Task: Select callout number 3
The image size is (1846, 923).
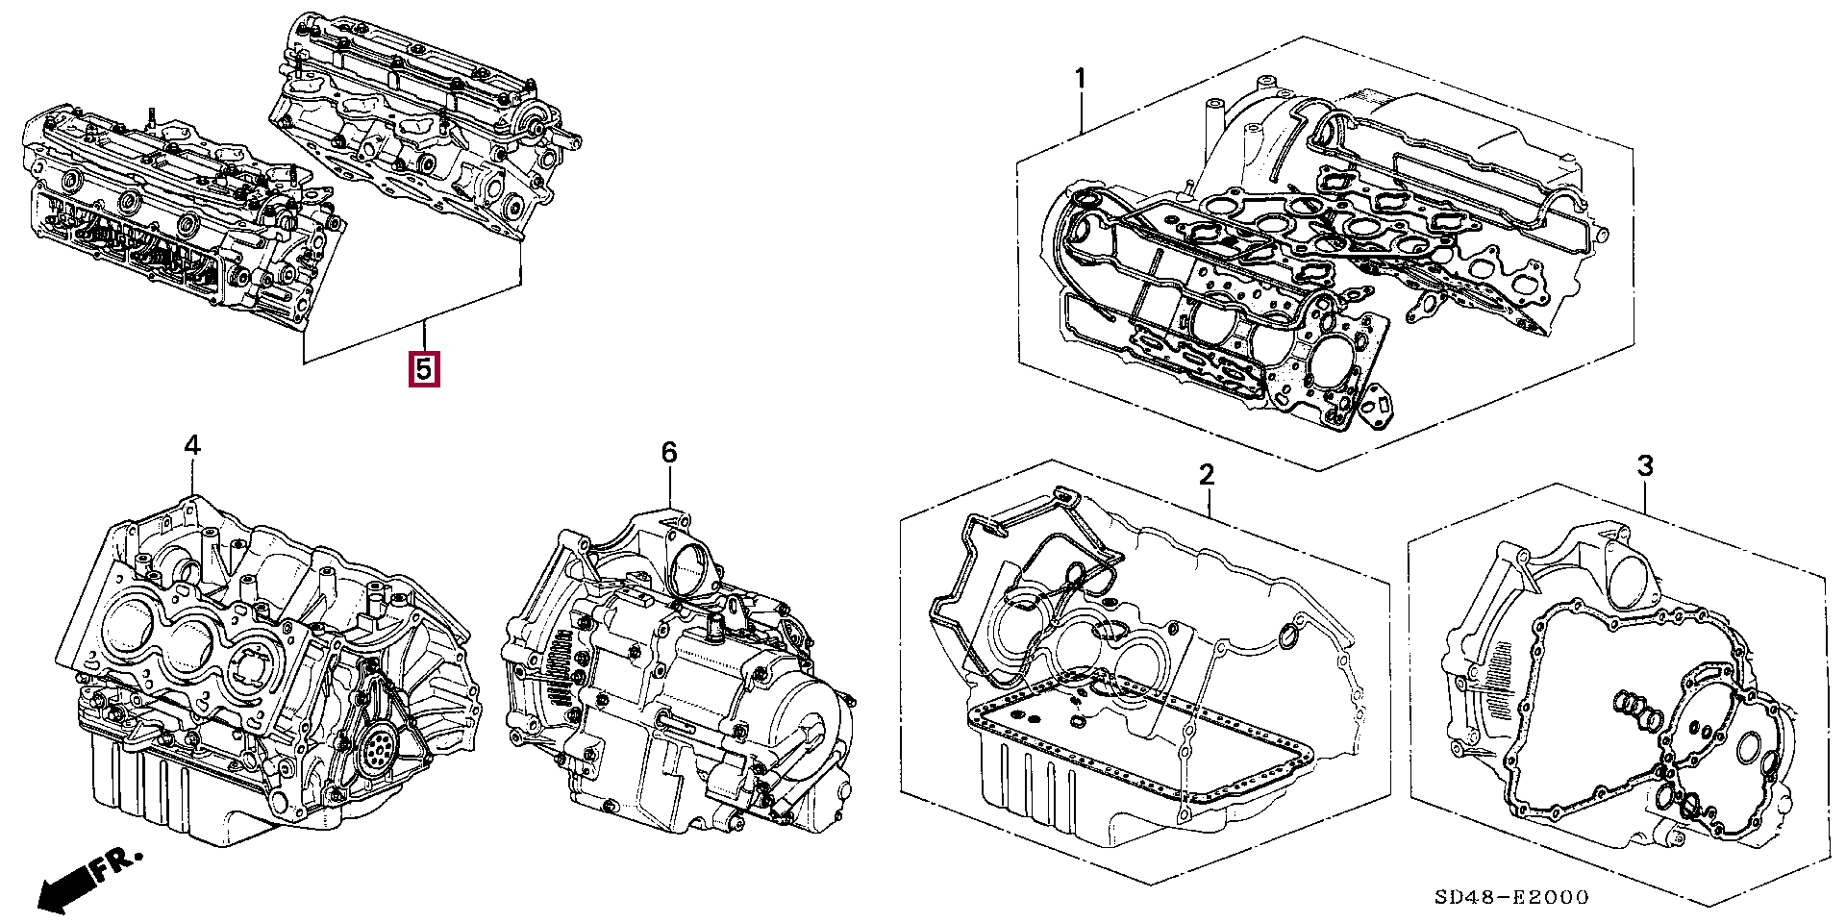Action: point(1645,466)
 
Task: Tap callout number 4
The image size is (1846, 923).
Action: point(192,445)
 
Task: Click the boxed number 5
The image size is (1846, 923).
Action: point(424,369)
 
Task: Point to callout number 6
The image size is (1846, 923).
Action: point(669,452)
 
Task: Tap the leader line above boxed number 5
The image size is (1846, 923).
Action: point(424,337)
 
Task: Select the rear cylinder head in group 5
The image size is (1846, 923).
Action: point(423,125)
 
